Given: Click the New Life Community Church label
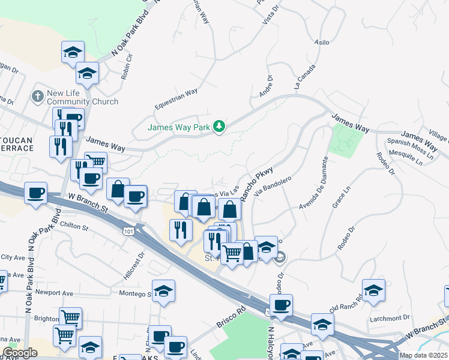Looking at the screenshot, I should [82, 97].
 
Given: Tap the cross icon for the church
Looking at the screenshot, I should [37, 96].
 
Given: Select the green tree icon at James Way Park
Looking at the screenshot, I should [220, 125].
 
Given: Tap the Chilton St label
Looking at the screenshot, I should [74, 227].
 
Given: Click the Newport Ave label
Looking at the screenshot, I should [54, 293].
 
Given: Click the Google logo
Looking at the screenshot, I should [19, 353].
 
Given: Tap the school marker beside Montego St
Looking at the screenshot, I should [163, 292].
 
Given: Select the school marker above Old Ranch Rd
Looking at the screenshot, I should [373, 291].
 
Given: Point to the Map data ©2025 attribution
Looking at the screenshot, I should [423, 355].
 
